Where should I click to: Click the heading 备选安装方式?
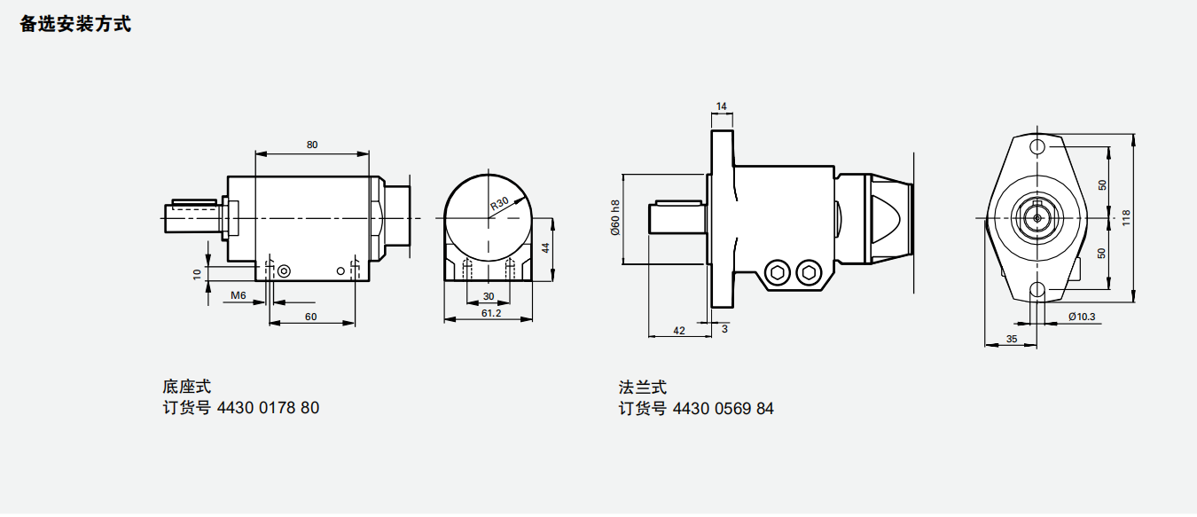tap(75, 25)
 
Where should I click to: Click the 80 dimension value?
tap(312, 145)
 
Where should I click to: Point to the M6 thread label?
tap(239, 295)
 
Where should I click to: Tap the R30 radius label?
tap(500, 204)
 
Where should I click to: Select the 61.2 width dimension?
tap(491, 313)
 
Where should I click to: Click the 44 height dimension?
tap(545, 248)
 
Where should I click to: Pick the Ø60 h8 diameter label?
tap(615, 218)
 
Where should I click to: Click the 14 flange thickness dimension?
tap(722, 106)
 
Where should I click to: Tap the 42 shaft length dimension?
tap(678, 331)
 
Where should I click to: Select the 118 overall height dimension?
tap(1126, 217)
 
